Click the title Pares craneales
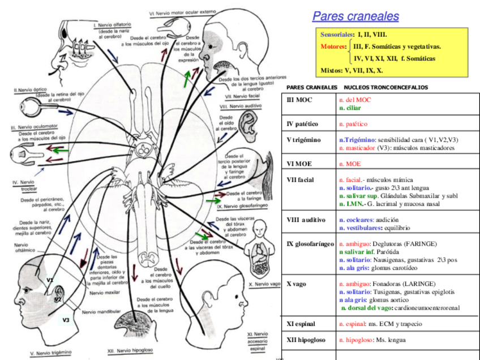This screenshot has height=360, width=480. [355, 16]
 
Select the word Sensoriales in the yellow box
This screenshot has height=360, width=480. [336, 35]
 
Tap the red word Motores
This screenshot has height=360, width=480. [332, 46]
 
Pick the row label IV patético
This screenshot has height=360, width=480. [303, 123]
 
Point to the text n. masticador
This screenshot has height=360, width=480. [357, 148]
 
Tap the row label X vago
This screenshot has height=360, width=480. [297, 284]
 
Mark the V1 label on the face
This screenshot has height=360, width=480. [50, 280]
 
